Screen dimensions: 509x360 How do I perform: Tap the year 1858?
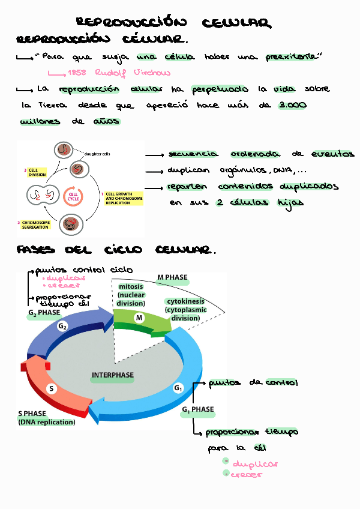point(77,73)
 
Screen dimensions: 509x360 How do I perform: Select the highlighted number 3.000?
point(293,105)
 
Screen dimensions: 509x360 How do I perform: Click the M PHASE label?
point(172,278)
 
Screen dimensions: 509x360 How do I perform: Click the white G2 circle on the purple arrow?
point(62,326)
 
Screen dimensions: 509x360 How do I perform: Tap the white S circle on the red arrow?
point(52,388)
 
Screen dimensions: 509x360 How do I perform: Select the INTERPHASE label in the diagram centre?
point(113,375)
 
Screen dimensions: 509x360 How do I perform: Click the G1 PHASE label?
point(197,409)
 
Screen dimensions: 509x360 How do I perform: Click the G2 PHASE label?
point(44,313)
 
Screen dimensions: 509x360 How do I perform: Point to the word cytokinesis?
point(185,301)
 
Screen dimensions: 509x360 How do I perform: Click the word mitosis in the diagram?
point(131,287)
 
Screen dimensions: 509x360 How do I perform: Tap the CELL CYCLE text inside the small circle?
point(73,196)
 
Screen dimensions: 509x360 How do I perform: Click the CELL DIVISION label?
point(37,172)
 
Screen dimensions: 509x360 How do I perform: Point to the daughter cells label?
point(97,154)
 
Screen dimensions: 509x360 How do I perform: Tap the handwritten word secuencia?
point(192,154)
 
